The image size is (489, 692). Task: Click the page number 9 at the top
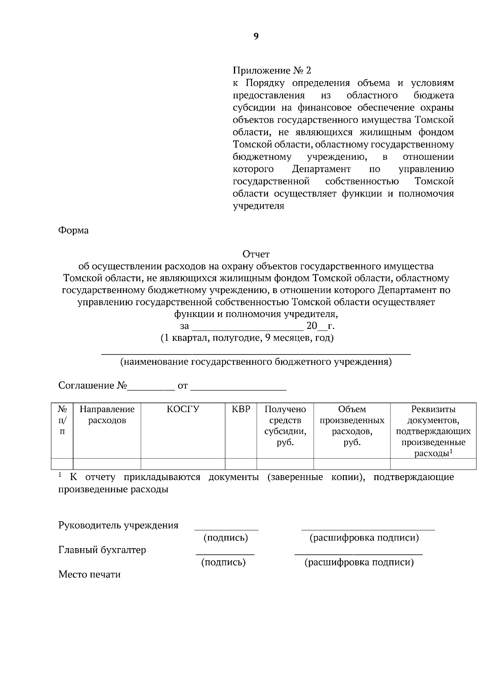[256, 37]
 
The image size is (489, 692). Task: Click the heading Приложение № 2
[271, 71]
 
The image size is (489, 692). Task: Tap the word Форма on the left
[73, 230]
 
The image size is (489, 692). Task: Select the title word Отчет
[256, 254]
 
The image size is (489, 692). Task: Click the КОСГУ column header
[183, 409]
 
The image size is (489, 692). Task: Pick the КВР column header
[241, 409]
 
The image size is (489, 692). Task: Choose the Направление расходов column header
[107, 414]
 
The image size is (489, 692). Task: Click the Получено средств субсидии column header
[285, 425]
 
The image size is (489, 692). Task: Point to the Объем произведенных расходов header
[352, 425]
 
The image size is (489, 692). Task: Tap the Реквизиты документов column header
[433, 431]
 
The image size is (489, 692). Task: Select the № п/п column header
[62, 420]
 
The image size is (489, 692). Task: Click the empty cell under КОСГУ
[183, 464]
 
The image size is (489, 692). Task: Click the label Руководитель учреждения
[118, 525]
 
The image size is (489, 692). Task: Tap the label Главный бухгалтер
[102, 550]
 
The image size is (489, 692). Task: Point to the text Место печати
[89, 575]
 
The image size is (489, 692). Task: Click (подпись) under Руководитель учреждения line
[226, 538]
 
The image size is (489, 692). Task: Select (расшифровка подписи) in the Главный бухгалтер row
[359, 563]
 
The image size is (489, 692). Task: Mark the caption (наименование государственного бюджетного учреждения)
[256, 362]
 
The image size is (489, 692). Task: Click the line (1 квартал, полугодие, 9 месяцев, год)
[247, 338]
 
